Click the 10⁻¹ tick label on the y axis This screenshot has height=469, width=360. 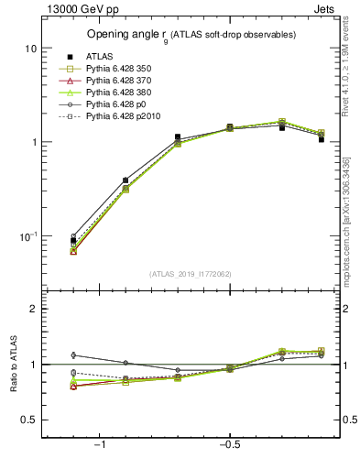[x=28, y=236]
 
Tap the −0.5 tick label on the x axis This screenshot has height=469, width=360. [x=229, y=446]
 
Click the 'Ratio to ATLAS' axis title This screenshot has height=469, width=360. [x=14, y=365]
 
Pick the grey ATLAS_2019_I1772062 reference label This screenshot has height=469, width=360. [x=191, y=274]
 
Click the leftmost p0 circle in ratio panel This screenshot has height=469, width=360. [x=73, y=354]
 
